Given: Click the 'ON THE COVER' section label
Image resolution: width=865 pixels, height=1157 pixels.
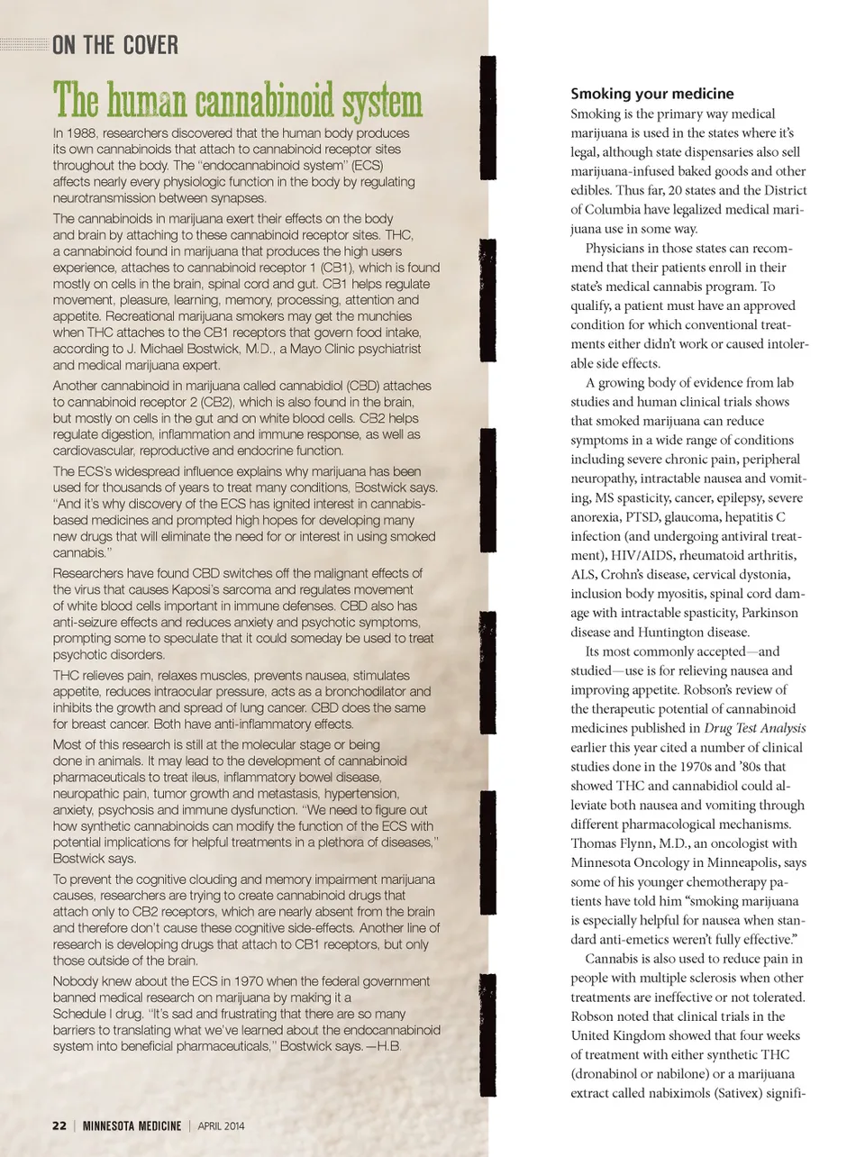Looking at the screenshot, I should point(115,44).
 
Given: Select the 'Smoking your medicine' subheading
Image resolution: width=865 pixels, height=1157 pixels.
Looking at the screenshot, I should point(651,94).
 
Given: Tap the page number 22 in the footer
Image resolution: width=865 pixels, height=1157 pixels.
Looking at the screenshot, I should point(59,1125).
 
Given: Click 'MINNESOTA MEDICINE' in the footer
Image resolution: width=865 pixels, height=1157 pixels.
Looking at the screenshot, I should point(132,1125).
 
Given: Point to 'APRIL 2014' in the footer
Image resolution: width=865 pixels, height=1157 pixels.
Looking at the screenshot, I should point(221,1125).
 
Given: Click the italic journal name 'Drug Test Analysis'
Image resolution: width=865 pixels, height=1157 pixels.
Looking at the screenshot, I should point(754,728).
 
